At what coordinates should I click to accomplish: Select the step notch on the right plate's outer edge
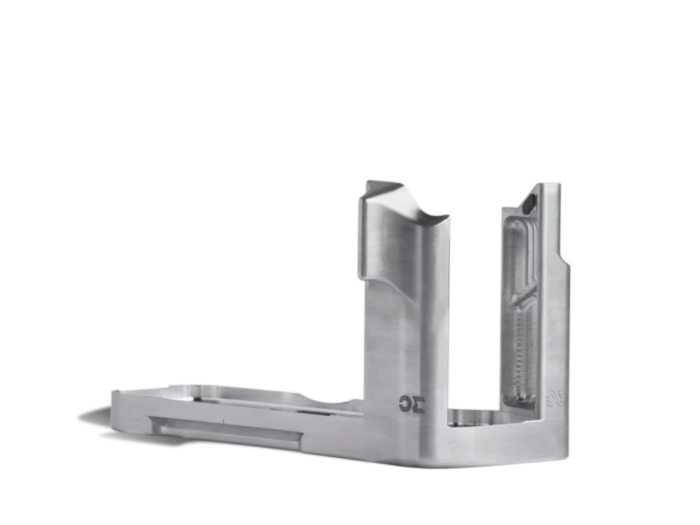click(566, 259)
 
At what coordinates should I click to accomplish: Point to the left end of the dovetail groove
click(153, 421)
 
